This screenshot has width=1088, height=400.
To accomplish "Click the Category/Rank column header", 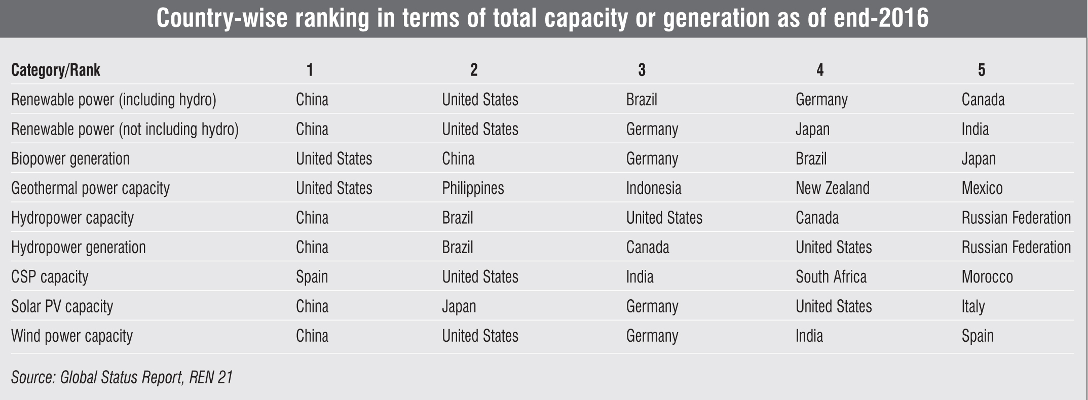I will (x=56, y=70).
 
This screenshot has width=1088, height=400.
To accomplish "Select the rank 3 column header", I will (x=642, y=70).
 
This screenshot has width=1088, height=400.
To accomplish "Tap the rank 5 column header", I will (x=981, y=70).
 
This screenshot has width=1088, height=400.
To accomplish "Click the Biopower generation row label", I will (x=70, y=159).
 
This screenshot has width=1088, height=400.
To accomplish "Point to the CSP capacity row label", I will (x=50, y=277).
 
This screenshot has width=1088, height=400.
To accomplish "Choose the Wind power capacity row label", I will (x=72, y=336).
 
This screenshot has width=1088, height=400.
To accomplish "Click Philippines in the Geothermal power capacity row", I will (x=473, y=188).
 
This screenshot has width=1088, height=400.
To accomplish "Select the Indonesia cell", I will (x=653, y=188).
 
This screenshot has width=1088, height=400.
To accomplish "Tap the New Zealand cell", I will (x=832, y=188).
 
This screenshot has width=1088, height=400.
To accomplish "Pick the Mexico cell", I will (x=982, y=188).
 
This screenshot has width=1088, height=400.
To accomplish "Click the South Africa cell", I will (x=831, y=277).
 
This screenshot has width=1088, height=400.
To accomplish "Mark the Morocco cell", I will (x=987, y=277).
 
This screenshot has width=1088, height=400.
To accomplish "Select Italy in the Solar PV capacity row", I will (x=973, y=307).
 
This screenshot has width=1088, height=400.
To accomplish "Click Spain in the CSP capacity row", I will (x=312, y=277).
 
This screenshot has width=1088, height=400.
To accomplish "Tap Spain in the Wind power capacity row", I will (x=977, y=336).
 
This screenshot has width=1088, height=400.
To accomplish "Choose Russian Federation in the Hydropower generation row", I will (x=1016, y=248).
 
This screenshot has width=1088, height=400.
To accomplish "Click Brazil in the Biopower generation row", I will (x=811, y=159).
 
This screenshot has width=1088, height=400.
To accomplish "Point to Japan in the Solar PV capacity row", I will (x=459, y=307).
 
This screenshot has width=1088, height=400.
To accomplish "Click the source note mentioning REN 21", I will (x=122, y=378).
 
